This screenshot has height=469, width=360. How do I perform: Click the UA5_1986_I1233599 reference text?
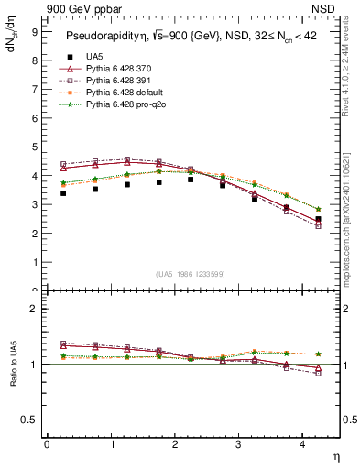point(192,274)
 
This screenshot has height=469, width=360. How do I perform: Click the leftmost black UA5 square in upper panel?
point(63,193)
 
